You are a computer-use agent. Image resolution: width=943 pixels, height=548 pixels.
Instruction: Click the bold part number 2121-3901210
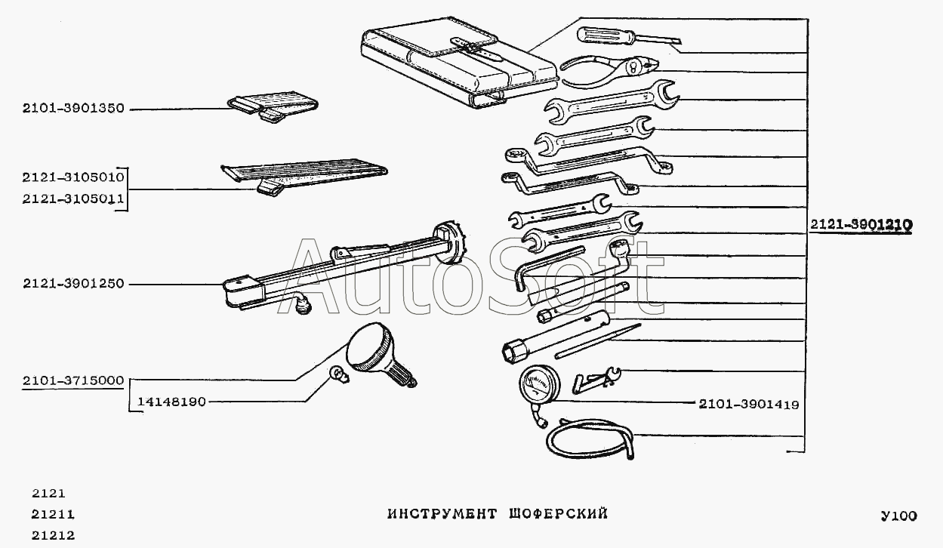(861, 225)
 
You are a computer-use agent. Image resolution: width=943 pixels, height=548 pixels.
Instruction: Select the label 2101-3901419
(748, 405)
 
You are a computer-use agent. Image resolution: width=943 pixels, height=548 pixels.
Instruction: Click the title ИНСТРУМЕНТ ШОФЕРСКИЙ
(498, 515)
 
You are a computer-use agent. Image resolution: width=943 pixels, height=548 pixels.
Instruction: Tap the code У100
(898, 516)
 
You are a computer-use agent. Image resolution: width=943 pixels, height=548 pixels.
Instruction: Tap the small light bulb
(339, 374)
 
